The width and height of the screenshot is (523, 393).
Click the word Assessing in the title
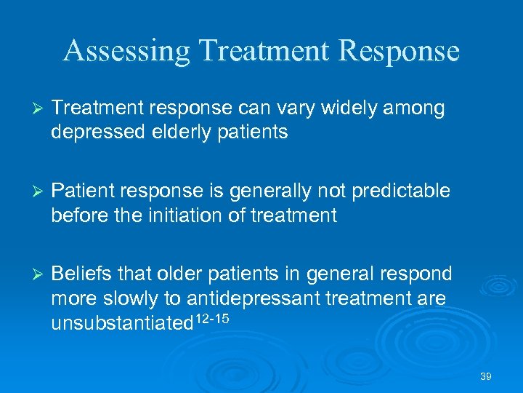click(126, 51)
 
